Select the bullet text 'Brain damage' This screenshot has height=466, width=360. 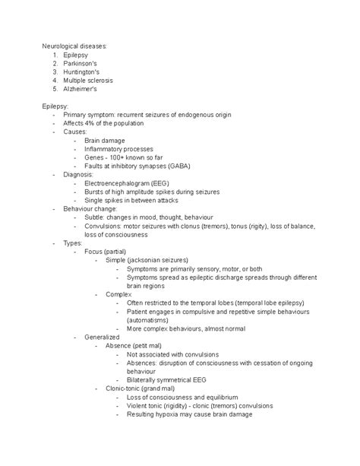(x=105, y=140)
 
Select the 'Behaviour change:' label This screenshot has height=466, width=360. (x=92, y=208)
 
